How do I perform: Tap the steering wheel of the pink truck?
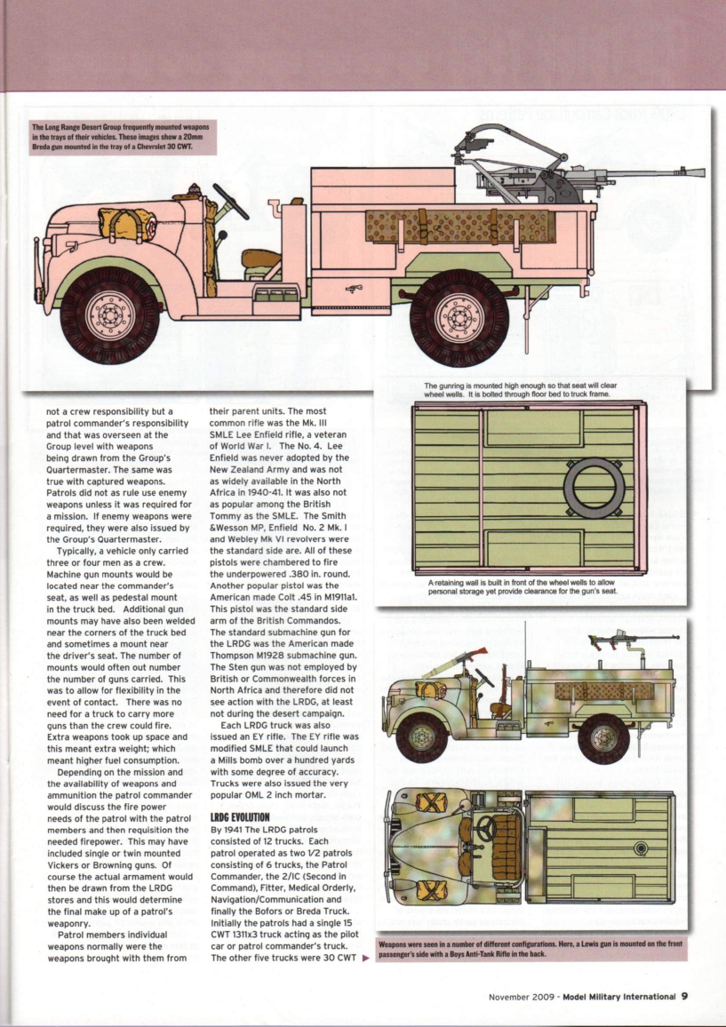(230, 203)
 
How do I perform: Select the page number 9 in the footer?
(684, 996)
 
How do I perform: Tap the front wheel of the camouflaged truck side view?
(422, 736)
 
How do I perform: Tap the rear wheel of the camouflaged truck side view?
(603, 738)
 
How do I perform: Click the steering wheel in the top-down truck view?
(486, 829)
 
